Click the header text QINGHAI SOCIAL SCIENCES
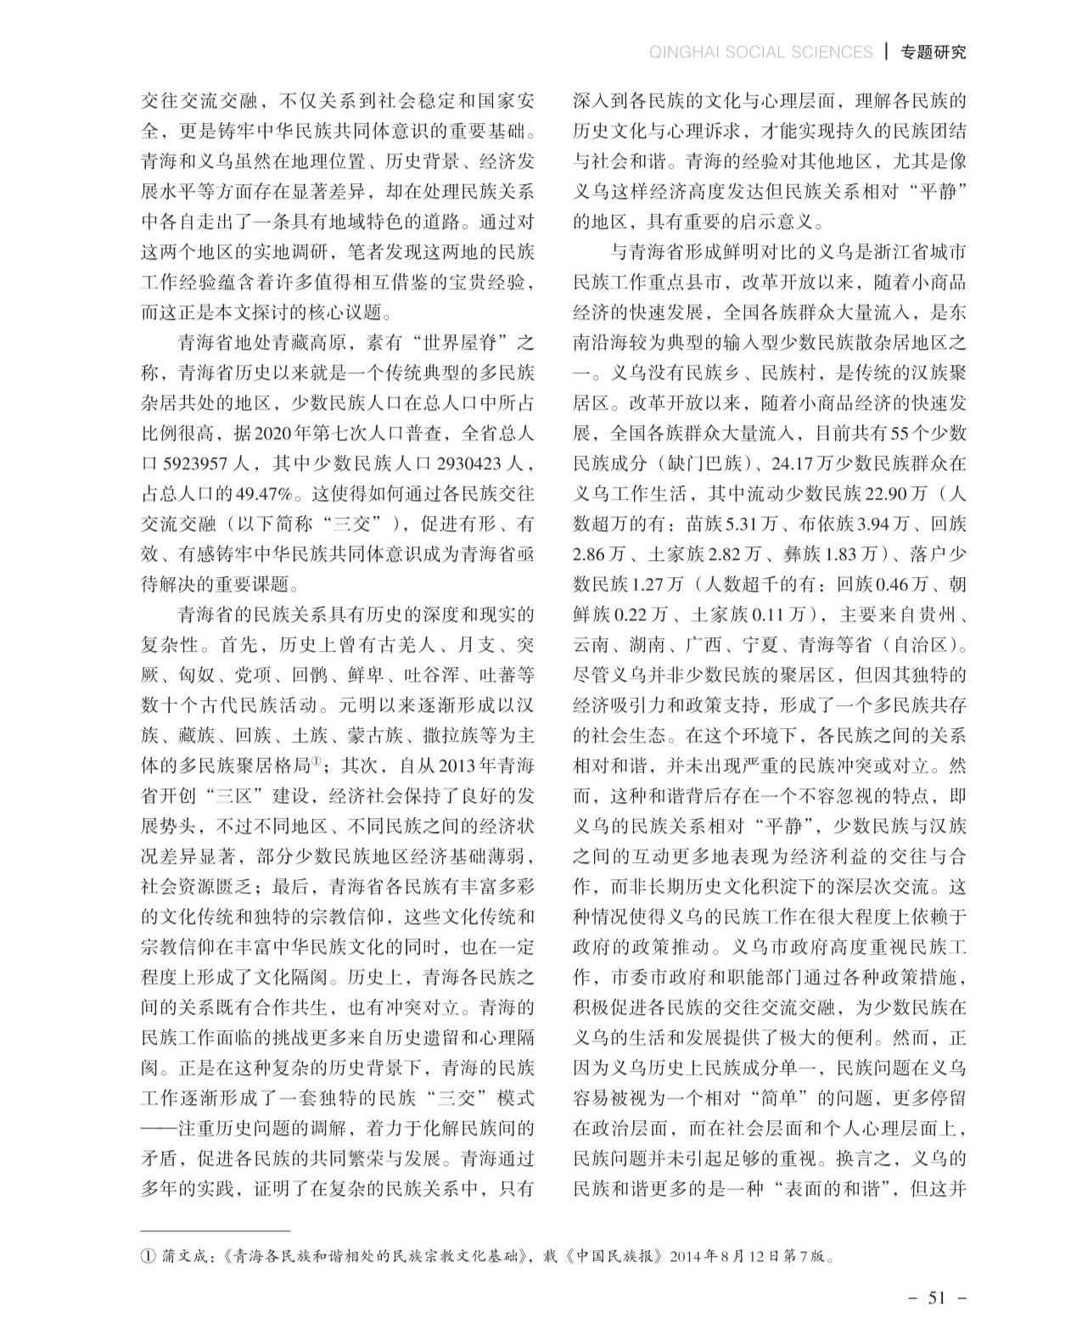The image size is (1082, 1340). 760,52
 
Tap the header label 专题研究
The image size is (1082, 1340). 933,52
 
